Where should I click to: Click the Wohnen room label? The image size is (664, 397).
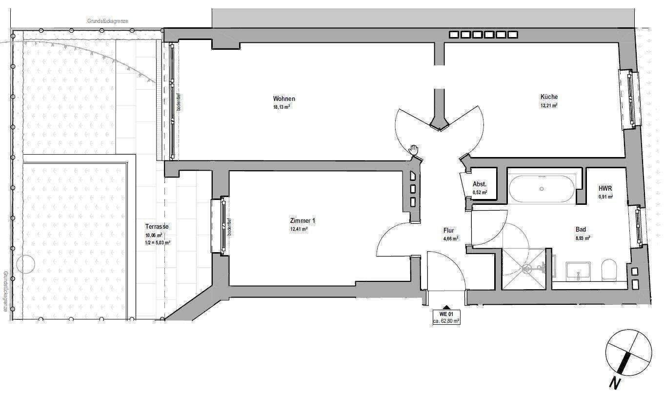click(284, 99)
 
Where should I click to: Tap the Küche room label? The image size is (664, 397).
click(549, 97)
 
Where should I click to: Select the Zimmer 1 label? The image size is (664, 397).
click(302, 220)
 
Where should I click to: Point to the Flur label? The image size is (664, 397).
click(449, 231)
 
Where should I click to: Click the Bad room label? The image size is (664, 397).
click(581, 230)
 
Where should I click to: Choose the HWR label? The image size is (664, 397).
click(605, 188)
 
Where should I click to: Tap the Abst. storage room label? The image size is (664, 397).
click(480, 184)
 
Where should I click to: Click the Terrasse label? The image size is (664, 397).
click(157, 227)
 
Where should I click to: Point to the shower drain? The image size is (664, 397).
click(526, 268)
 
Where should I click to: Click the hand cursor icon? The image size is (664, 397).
click(414, 149)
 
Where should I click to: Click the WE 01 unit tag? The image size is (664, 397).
click(446, 314)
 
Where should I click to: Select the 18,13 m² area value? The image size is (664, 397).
click(282, 107)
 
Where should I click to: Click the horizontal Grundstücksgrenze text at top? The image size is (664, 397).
click(107, 21)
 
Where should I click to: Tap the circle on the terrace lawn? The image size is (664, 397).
click(25, 265)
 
